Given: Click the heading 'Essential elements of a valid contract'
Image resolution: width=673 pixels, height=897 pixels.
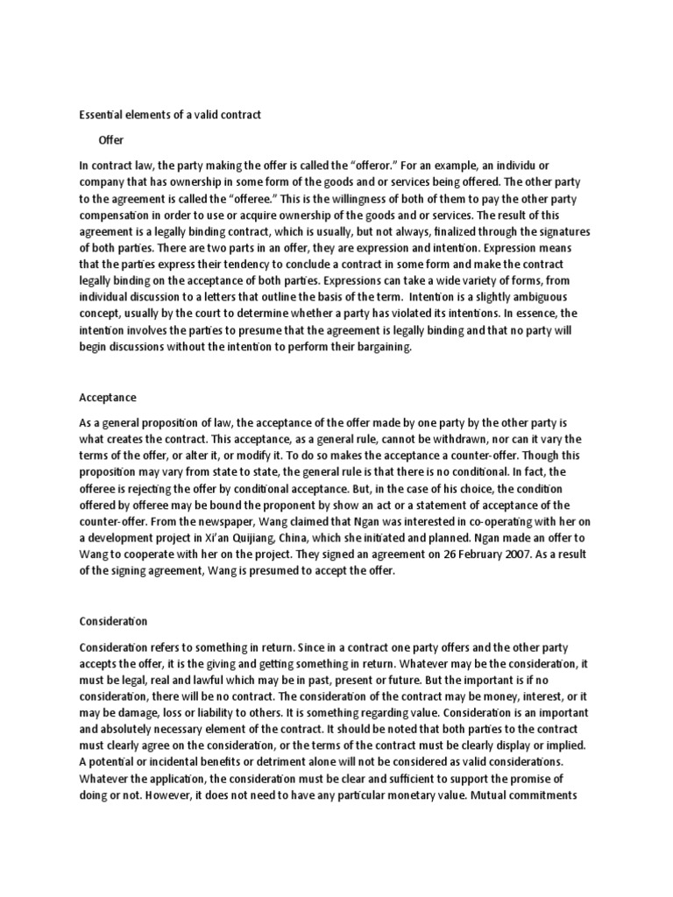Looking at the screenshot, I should (x=170, y=114).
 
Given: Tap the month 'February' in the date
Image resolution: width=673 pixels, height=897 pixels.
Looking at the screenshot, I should (x=460, y=555).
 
